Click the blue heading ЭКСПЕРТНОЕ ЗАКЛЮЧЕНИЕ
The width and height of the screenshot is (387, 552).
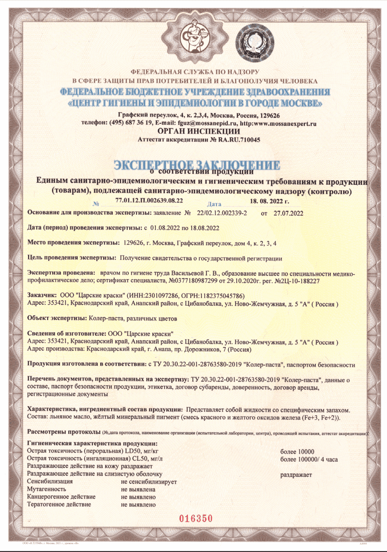pos(197,165)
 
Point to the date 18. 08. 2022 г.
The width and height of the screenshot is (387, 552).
pos(269,202)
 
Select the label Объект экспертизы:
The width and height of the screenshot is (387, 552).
pos(57,318)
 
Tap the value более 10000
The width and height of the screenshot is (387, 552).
pos(297,452)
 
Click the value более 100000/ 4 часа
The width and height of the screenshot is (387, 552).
pos(308,460)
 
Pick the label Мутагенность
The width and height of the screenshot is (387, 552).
pos(47,490)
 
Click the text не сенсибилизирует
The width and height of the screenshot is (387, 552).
pos(149,482)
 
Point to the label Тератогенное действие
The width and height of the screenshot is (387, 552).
pos(59,504)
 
